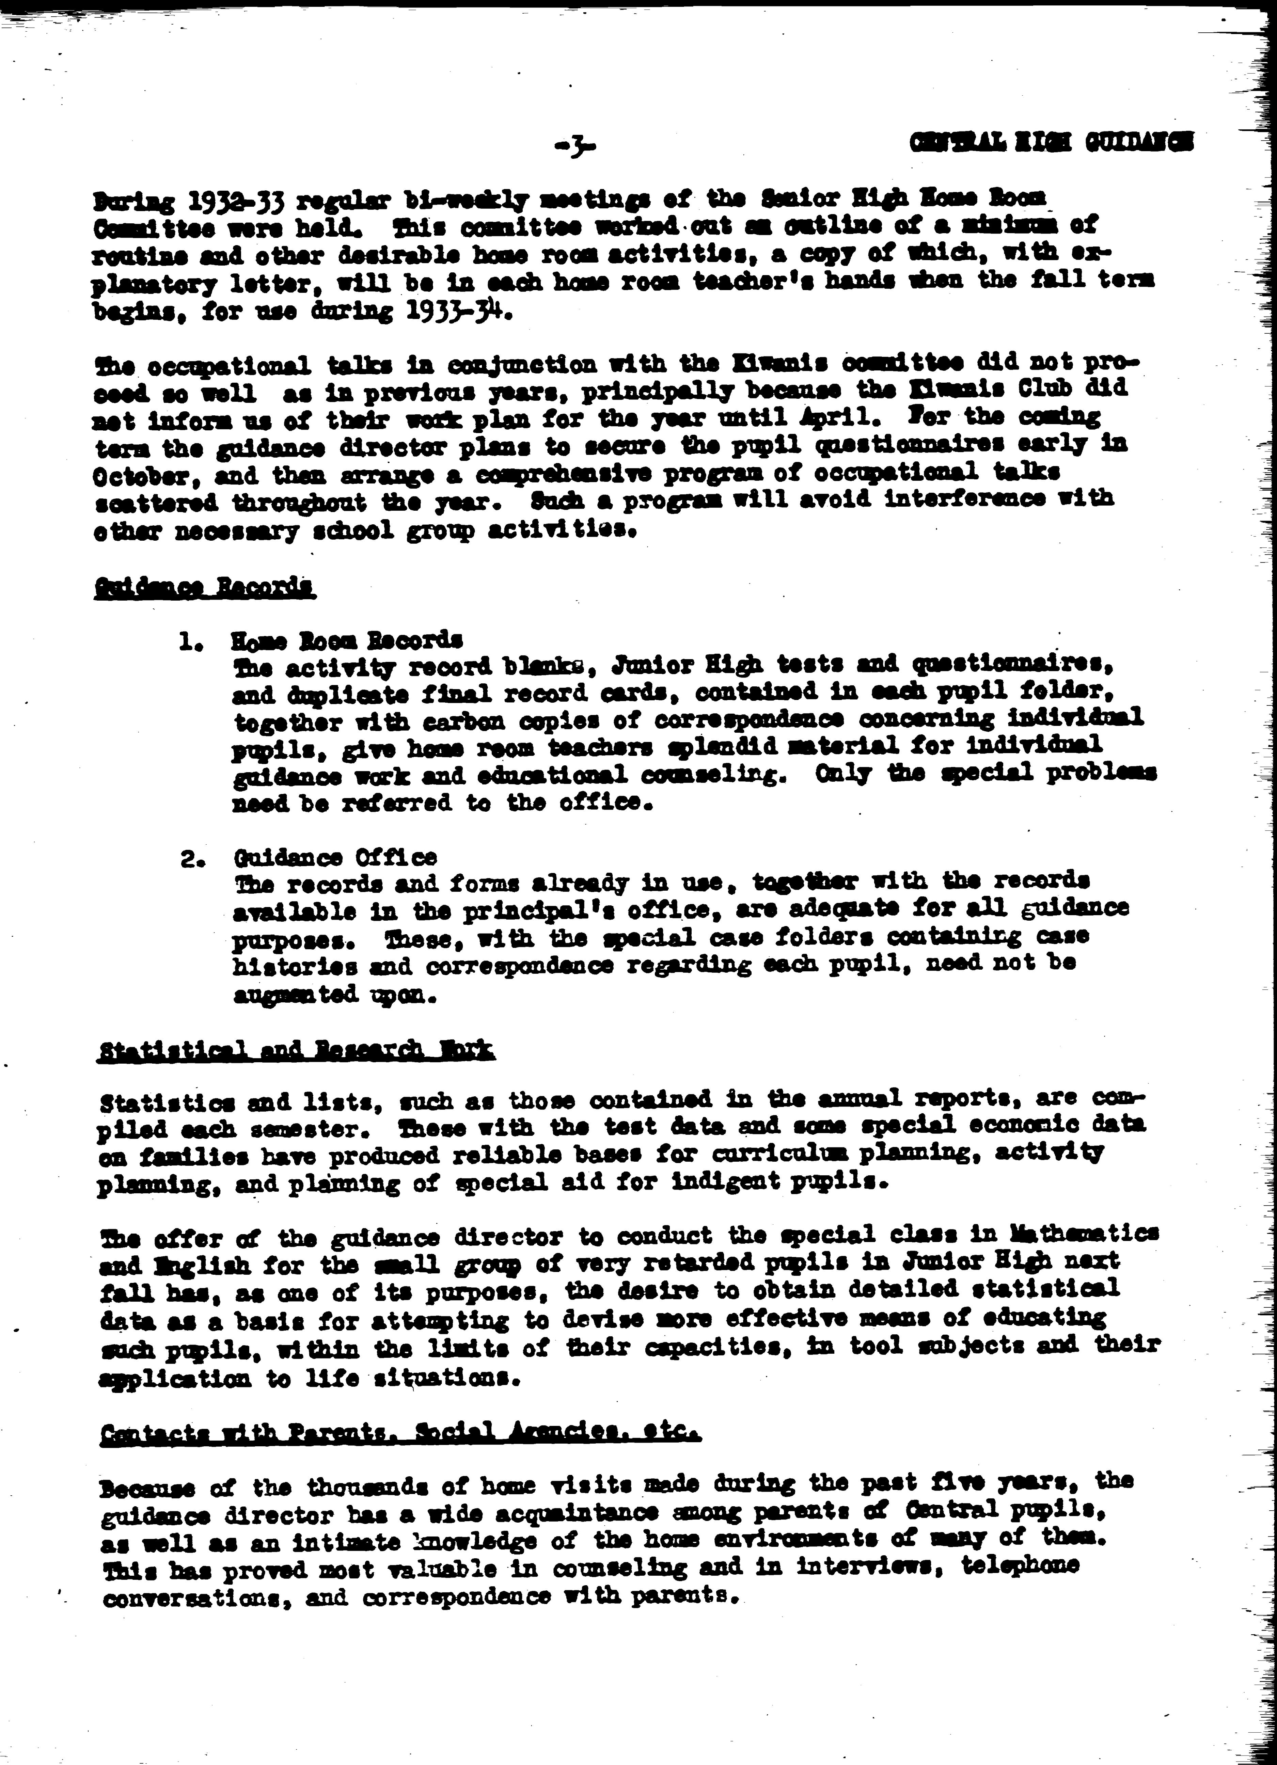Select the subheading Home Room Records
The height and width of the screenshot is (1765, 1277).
(x=346, y=640)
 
